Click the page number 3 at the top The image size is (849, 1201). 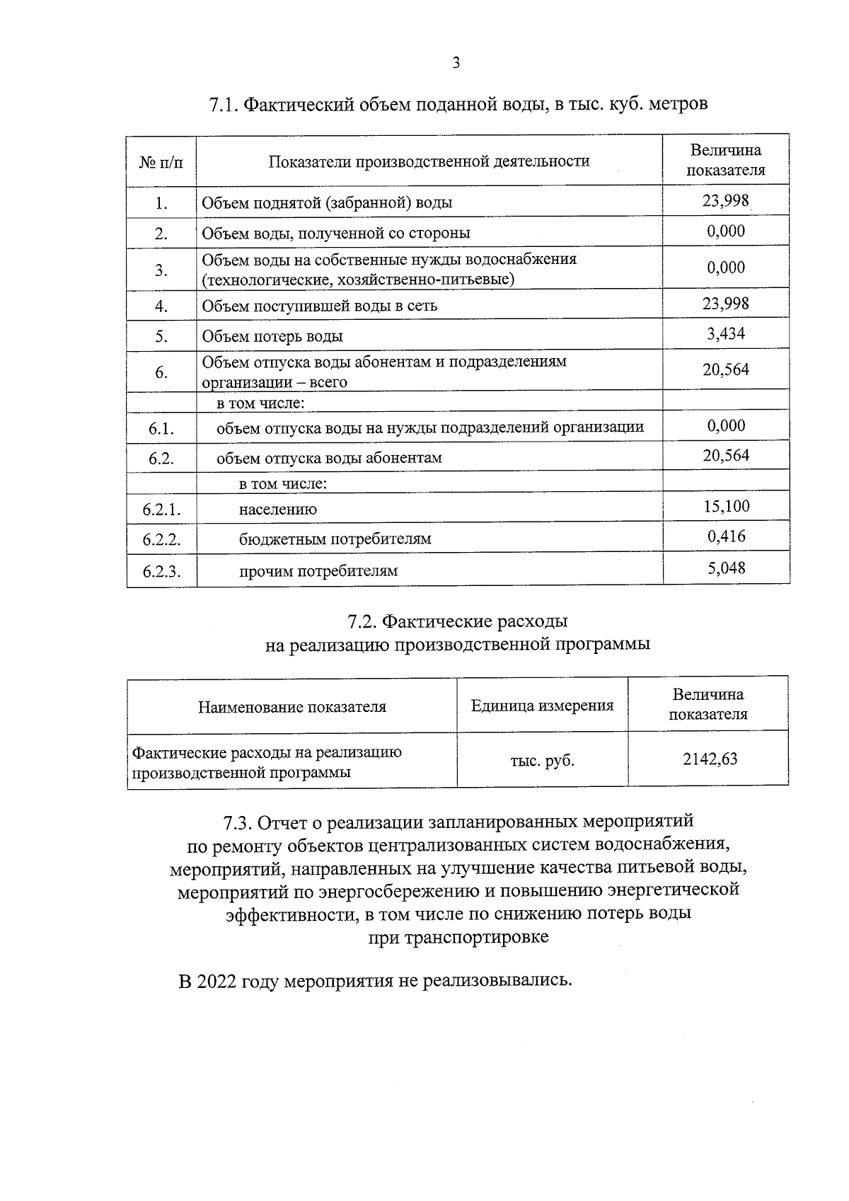point(456,64)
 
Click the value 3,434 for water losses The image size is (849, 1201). point(726,333)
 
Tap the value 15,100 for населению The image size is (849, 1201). point(726,506)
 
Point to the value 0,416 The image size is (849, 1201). point(726,536)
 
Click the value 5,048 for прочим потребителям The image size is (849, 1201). point(726,568)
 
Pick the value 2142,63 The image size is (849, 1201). point(709,759)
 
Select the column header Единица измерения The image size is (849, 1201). point(542,706)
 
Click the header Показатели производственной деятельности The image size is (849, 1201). point(429,161)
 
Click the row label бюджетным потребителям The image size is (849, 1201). point(335,539)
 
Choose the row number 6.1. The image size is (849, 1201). point(161,428)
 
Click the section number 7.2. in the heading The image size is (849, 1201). point(361,621)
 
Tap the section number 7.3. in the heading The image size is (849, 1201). point(238,822)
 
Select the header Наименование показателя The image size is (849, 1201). point(291,706)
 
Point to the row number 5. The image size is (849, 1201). point(161,337)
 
